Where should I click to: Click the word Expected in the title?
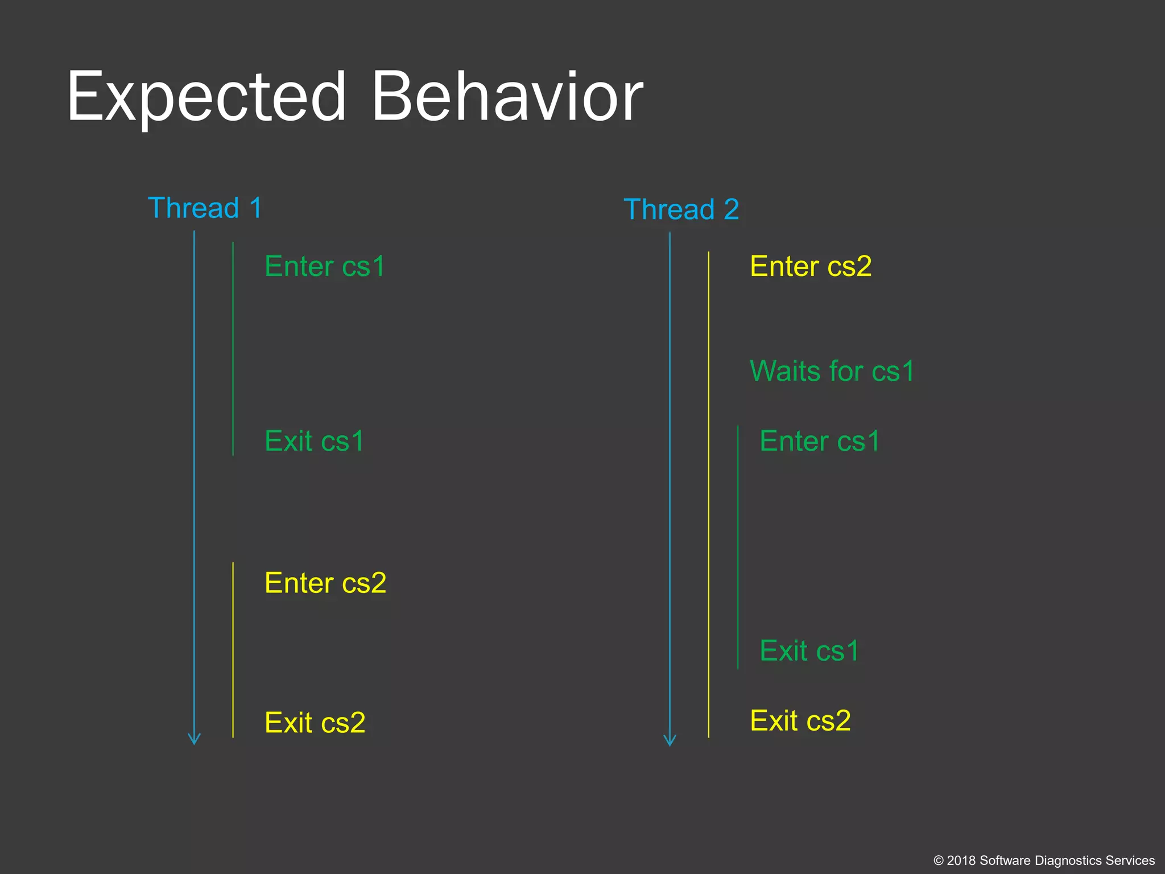206,97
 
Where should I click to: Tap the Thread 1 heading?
205,208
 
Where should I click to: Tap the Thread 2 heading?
681,209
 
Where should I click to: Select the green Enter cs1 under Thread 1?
325,266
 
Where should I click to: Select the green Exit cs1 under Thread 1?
314,441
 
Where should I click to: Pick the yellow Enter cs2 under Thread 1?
325,583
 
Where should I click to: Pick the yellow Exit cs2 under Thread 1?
315,723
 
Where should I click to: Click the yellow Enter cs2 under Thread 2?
811,266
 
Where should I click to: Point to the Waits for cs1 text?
832,371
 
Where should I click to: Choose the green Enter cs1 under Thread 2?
820,441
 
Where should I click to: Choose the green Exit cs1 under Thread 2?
809,650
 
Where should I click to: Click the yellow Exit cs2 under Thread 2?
800,720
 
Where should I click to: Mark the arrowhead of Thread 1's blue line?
194,740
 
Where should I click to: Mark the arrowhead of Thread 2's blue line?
670,741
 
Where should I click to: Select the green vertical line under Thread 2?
738,546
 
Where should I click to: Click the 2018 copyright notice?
1044,860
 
